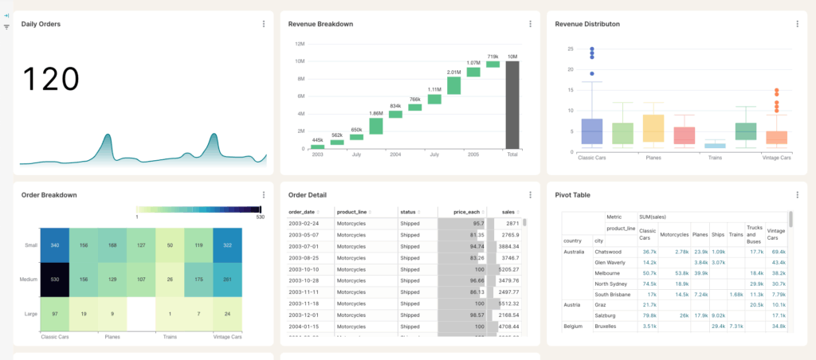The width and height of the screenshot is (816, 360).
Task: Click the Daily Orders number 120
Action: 50,80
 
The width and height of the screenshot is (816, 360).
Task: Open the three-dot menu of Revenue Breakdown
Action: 530,24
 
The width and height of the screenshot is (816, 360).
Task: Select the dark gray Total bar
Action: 512,104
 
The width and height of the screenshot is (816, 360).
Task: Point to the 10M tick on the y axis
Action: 300,61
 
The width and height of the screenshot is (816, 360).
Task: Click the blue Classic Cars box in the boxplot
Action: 592,131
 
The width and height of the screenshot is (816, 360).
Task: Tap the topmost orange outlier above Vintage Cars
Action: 776,91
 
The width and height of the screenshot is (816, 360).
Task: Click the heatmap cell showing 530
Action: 55,280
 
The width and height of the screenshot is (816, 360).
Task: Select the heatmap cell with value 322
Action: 227,246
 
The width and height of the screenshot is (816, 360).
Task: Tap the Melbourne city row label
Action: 609,272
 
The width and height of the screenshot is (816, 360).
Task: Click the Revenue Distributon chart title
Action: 587,24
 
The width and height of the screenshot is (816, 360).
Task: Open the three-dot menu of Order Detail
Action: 530,194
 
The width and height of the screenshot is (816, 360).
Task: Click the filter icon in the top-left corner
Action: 6,27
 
